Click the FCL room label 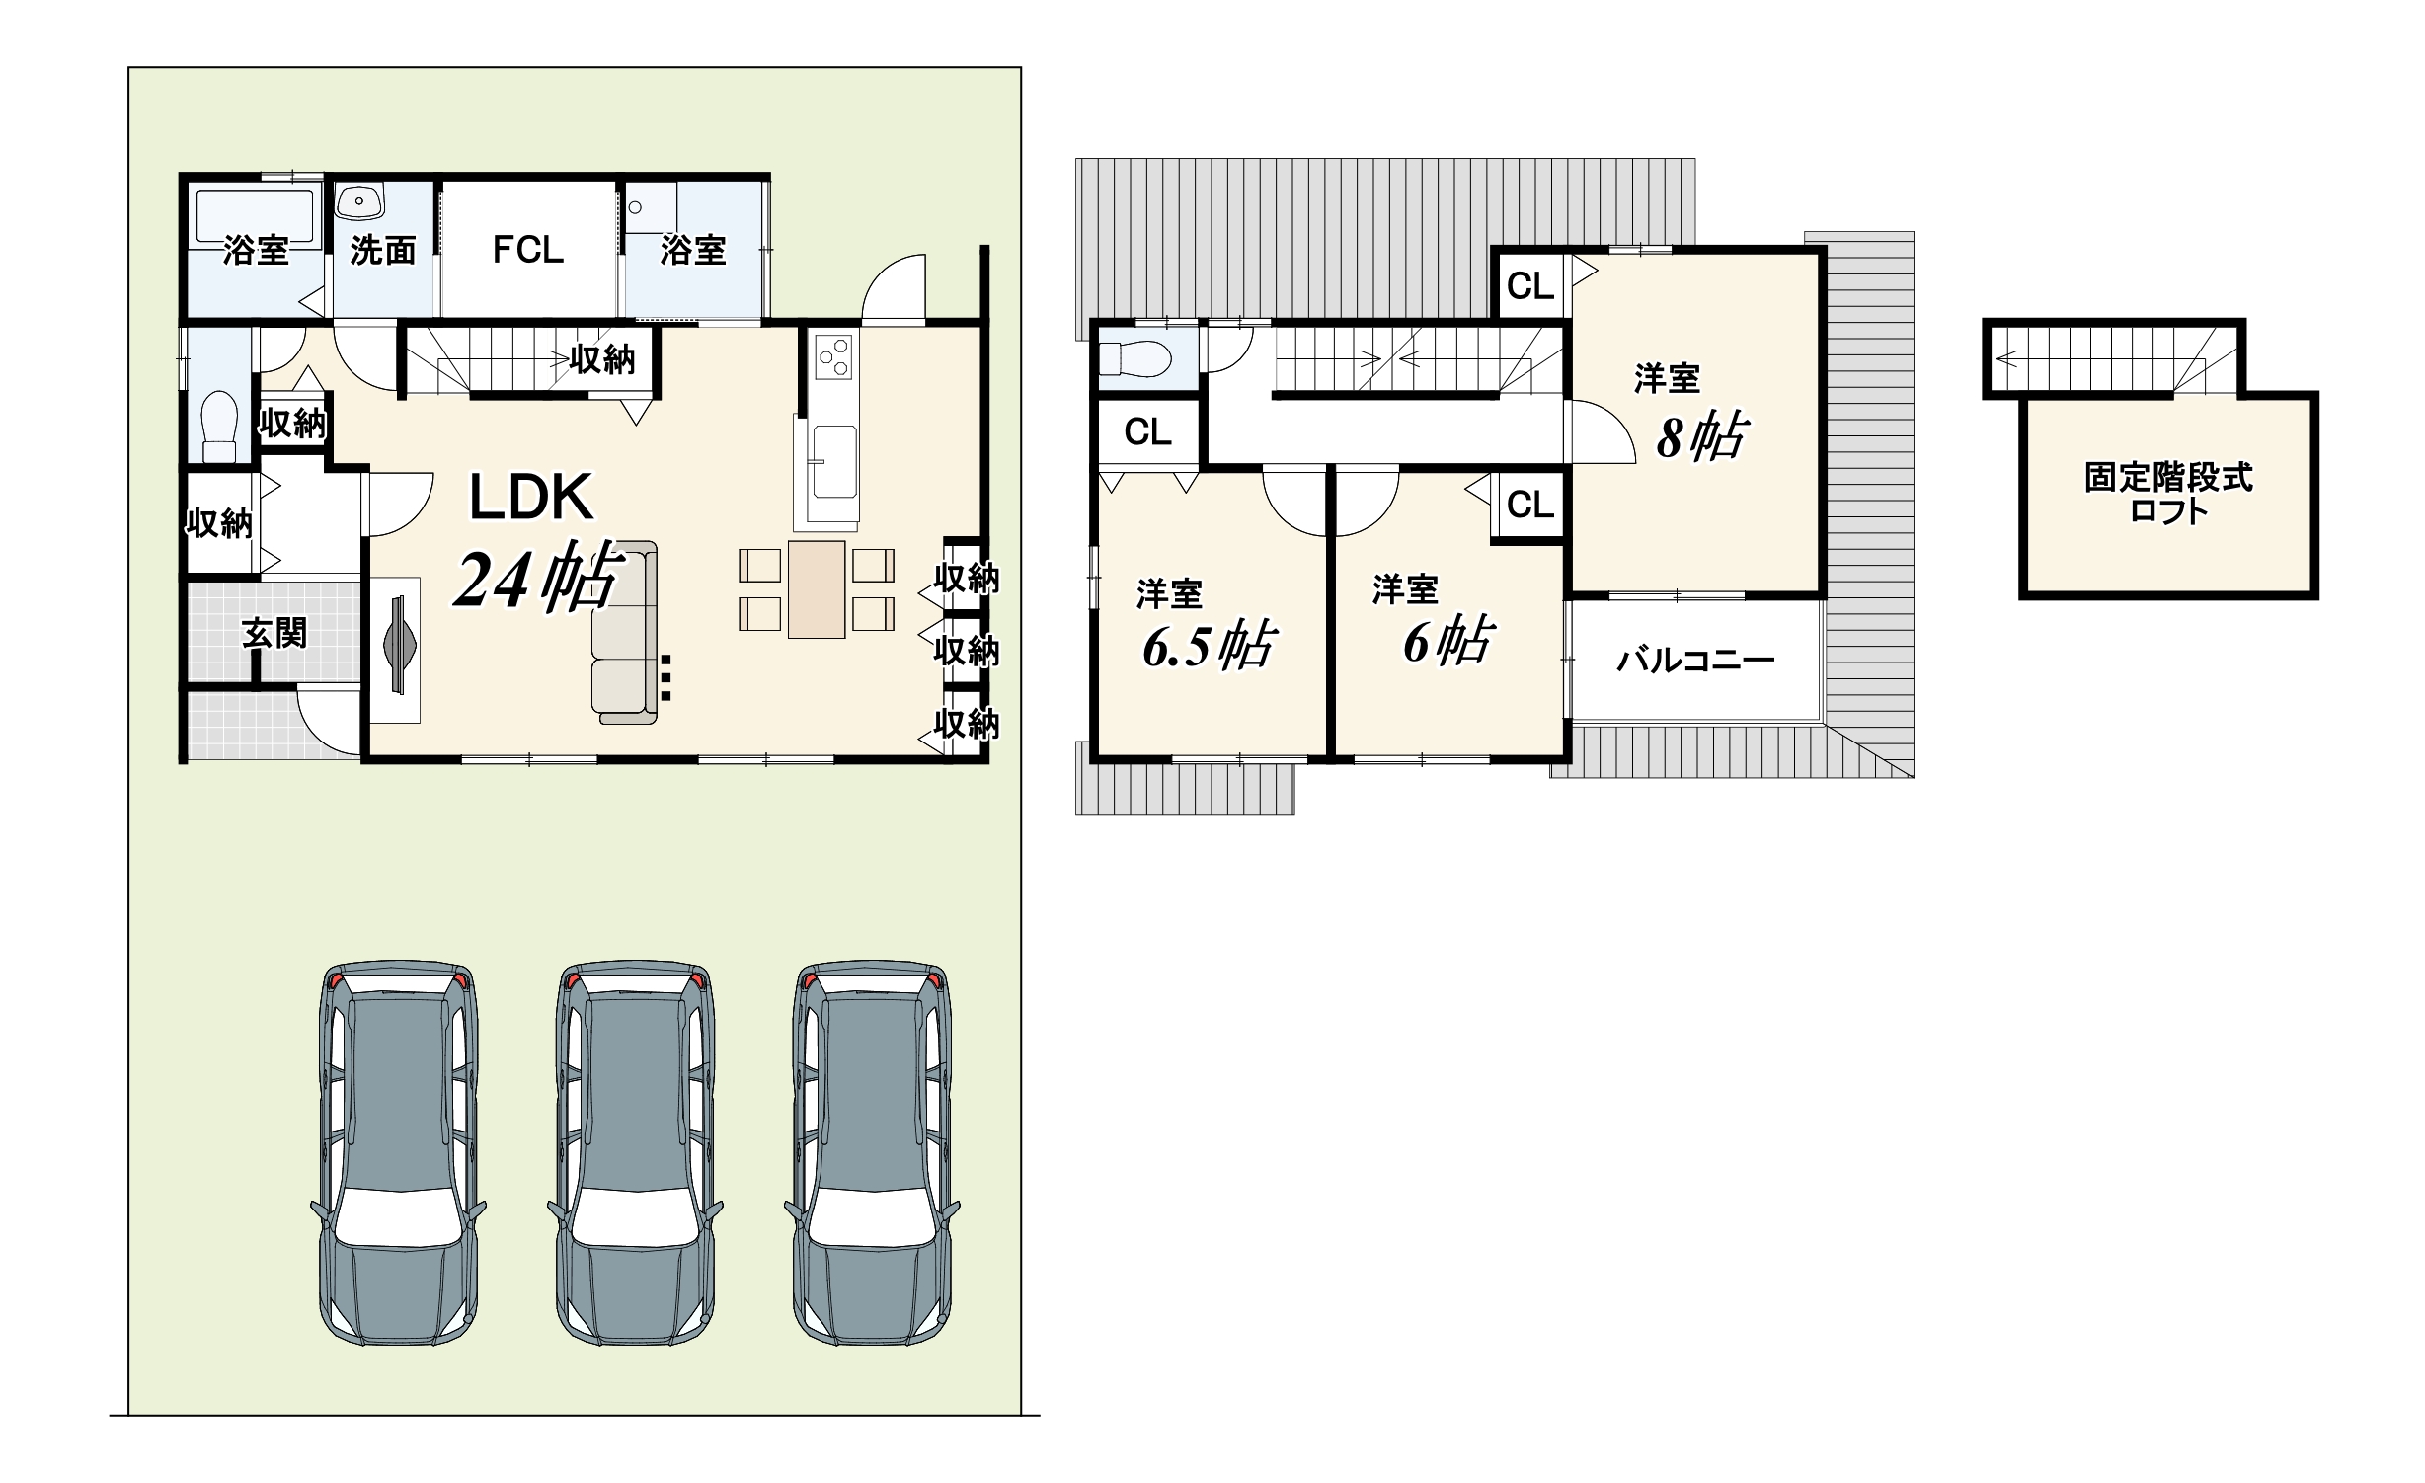tap(528, 250)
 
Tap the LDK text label tap(531, 498)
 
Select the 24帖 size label tap(538, 579)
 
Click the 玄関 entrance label tap(274, 633)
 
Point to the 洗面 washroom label tap(383, 251)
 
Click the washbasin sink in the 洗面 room tap(360, 201)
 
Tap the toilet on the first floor tap(219, 426)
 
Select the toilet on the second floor tap(1134, 358)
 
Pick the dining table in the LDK tap(817, 589)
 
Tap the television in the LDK tap(399, 649)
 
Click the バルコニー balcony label tap(1695, 660)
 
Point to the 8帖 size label tap(1702, 437)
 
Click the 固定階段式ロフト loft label tap(2169, 494)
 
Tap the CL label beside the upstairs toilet tap(1147, 432)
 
